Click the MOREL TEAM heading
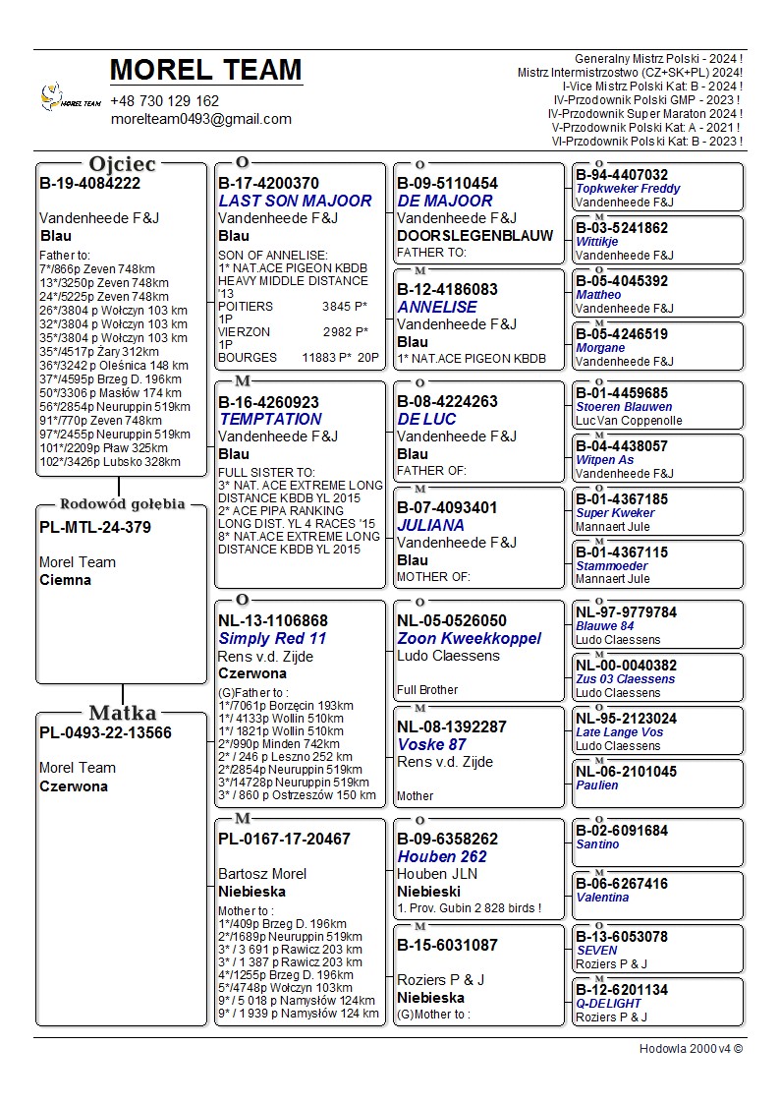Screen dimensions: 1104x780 (205, 70)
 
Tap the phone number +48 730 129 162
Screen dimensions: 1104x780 (165, 101)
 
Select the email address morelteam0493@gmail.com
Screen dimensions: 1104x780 (201, 119)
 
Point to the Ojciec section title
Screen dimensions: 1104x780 (122, 164)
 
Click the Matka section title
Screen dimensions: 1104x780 (122, 713)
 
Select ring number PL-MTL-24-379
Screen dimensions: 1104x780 (95, 527)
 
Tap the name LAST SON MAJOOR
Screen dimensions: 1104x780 (295, 201)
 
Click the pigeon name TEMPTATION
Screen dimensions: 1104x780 (270, 419)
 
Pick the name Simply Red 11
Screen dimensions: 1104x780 (272, 638)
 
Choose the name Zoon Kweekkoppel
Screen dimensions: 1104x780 (469, 638)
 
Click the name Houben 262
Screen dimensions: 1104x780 (442, 856)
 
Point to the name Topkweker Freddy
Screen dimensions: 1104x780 (628, 189)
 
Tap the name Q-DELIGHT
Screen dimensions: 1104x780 (608, 1004)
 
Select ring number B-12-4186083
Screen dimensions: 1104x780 (447, 290)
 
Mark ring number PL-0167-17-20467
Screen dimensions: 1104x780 (284, 839)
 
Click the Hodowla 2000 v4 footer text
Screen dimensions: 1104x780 (691, 1048)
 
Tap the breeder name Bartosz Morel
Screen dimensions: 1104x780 (262, 874)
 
